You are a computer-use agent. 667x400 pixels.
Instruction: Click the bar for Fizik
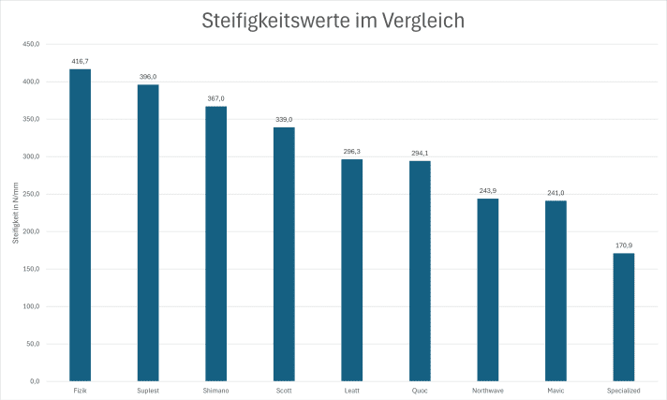[80, 225]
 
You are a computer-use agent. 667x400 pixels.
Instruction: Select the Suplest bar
[148, 233]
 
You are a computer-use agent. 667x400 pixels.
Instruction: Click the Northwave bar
[487, 289]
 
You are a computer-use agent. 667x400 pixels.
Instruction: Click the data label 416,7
[80, 61]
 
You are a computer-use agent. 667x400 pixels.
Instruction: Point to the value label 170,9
[623, 245]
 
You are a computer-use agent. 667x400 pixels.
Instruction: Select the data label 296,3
[351, 151]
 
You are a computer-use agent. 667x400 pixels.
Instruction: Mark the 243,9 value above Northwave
[487, 190]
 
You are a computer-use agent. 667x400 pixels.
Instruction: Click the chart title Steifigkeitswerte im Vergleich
[333, 21]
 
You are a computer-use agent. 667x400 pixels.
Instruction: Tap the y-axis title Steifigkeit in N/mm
[16, 214]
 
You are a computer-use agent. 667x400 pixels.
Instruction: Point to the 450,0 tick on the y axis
[30, 44]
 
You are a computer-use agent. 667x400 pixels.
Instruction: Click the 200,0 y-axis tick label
[30, 231]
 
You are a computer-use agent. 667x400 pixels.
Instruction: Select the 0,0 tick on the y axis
[34, 381]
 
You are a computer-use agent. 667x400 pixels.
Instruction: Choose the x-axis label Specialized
[623, 390]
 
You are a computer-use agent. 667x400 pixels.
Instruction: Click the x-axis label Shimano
[215, 390]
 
